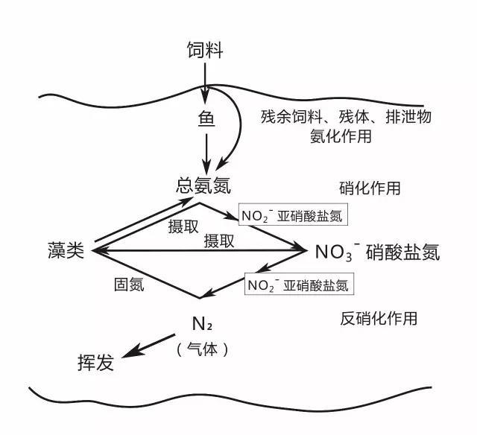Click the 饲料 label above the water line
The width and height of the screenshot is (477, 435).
pos(205,51)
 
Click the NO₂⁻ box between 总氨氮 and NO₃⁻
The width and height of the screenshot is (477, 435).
pos(293,216)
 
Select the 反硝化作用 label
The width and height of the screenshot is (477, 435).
pos(379,319)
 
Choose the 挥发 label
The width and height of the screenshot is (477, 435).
pos(95,363)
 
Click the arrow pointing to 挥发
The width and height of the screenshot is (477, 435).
pos(150,345)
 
